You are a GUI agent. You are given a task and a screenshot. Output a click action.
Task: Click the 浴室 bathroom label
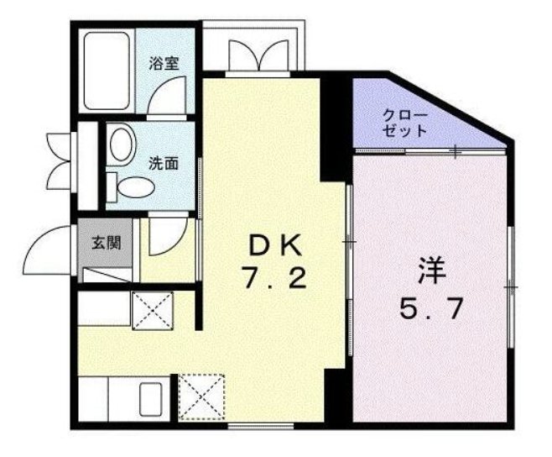(x=164, y=64)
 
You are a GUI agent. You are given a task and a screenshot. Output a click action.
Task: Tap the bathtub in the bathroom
(x=107, y=71)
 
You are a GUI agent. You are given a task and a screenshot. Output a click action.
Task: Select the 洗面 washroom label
(x=164, y=164)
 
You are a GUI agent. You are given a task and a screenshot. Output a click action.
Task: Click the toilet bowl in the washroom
(x=136, y=186)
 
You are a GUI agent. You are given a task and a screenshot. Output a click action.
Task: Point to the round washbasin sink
(x=122, y=144)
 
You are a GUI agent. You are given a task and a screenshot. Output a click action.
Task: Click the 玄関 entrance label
(x=106, y=243)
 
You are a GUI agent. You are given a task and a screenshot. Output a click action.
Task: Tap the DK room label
(x=275, y=245)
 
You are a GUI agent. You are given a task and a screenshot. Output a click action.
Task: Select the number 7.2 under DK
(x=273, y=278)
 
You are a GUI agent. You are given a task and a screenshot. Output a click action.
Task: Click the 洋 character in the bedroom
(x=431, y=271)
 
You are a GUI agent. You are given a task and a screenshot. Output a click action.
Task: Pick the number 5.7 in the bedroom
(x=430, y=308)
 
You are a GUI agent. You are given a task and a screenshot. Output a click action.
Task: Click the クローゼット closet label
(x=405, y=123)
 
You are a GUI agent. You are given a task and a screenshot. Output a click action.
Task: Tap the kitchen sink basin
(x=151, y=399)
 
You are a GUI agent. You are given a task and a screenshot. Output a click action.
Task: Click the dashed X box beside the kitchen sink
(x=201, y=397)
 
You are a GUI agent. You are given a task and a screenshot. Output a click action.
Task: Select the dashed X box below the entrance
(x=154, y=311)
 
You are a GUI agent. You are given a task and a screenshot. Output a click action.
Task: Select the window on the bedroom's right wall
(x=511, y=287)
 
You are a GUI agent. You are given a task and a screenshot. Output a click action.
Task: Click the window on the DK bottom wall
(x=261, y=426)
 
